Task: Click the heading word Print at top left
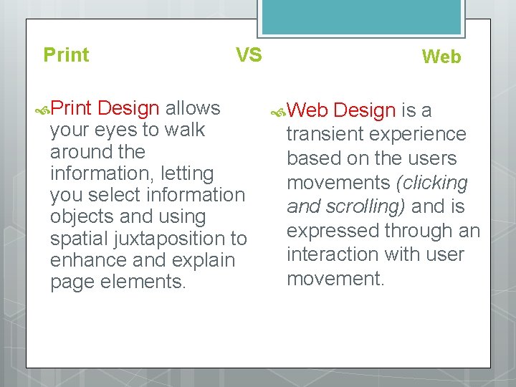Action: click(x=66, y=55)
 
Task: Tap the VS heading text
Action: click(x=249, y=55)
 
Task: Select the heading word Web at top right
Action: click(x=441, y=57)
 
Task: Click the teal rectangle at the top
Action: click(x=362, y=16)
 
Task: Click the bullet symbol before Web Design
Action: click(x=279, y=112)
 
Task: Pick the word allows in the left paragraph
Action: click(x=193, y=108)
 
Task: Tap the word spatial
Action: click(x=77, y=238)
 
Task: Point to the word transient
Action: click(x=325, y=134)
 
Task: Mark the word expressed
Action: click(x=333, y=231)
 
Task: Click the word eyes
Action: click(x=110, y=130)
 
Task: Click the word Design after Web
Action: click(x=365, y=110)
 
